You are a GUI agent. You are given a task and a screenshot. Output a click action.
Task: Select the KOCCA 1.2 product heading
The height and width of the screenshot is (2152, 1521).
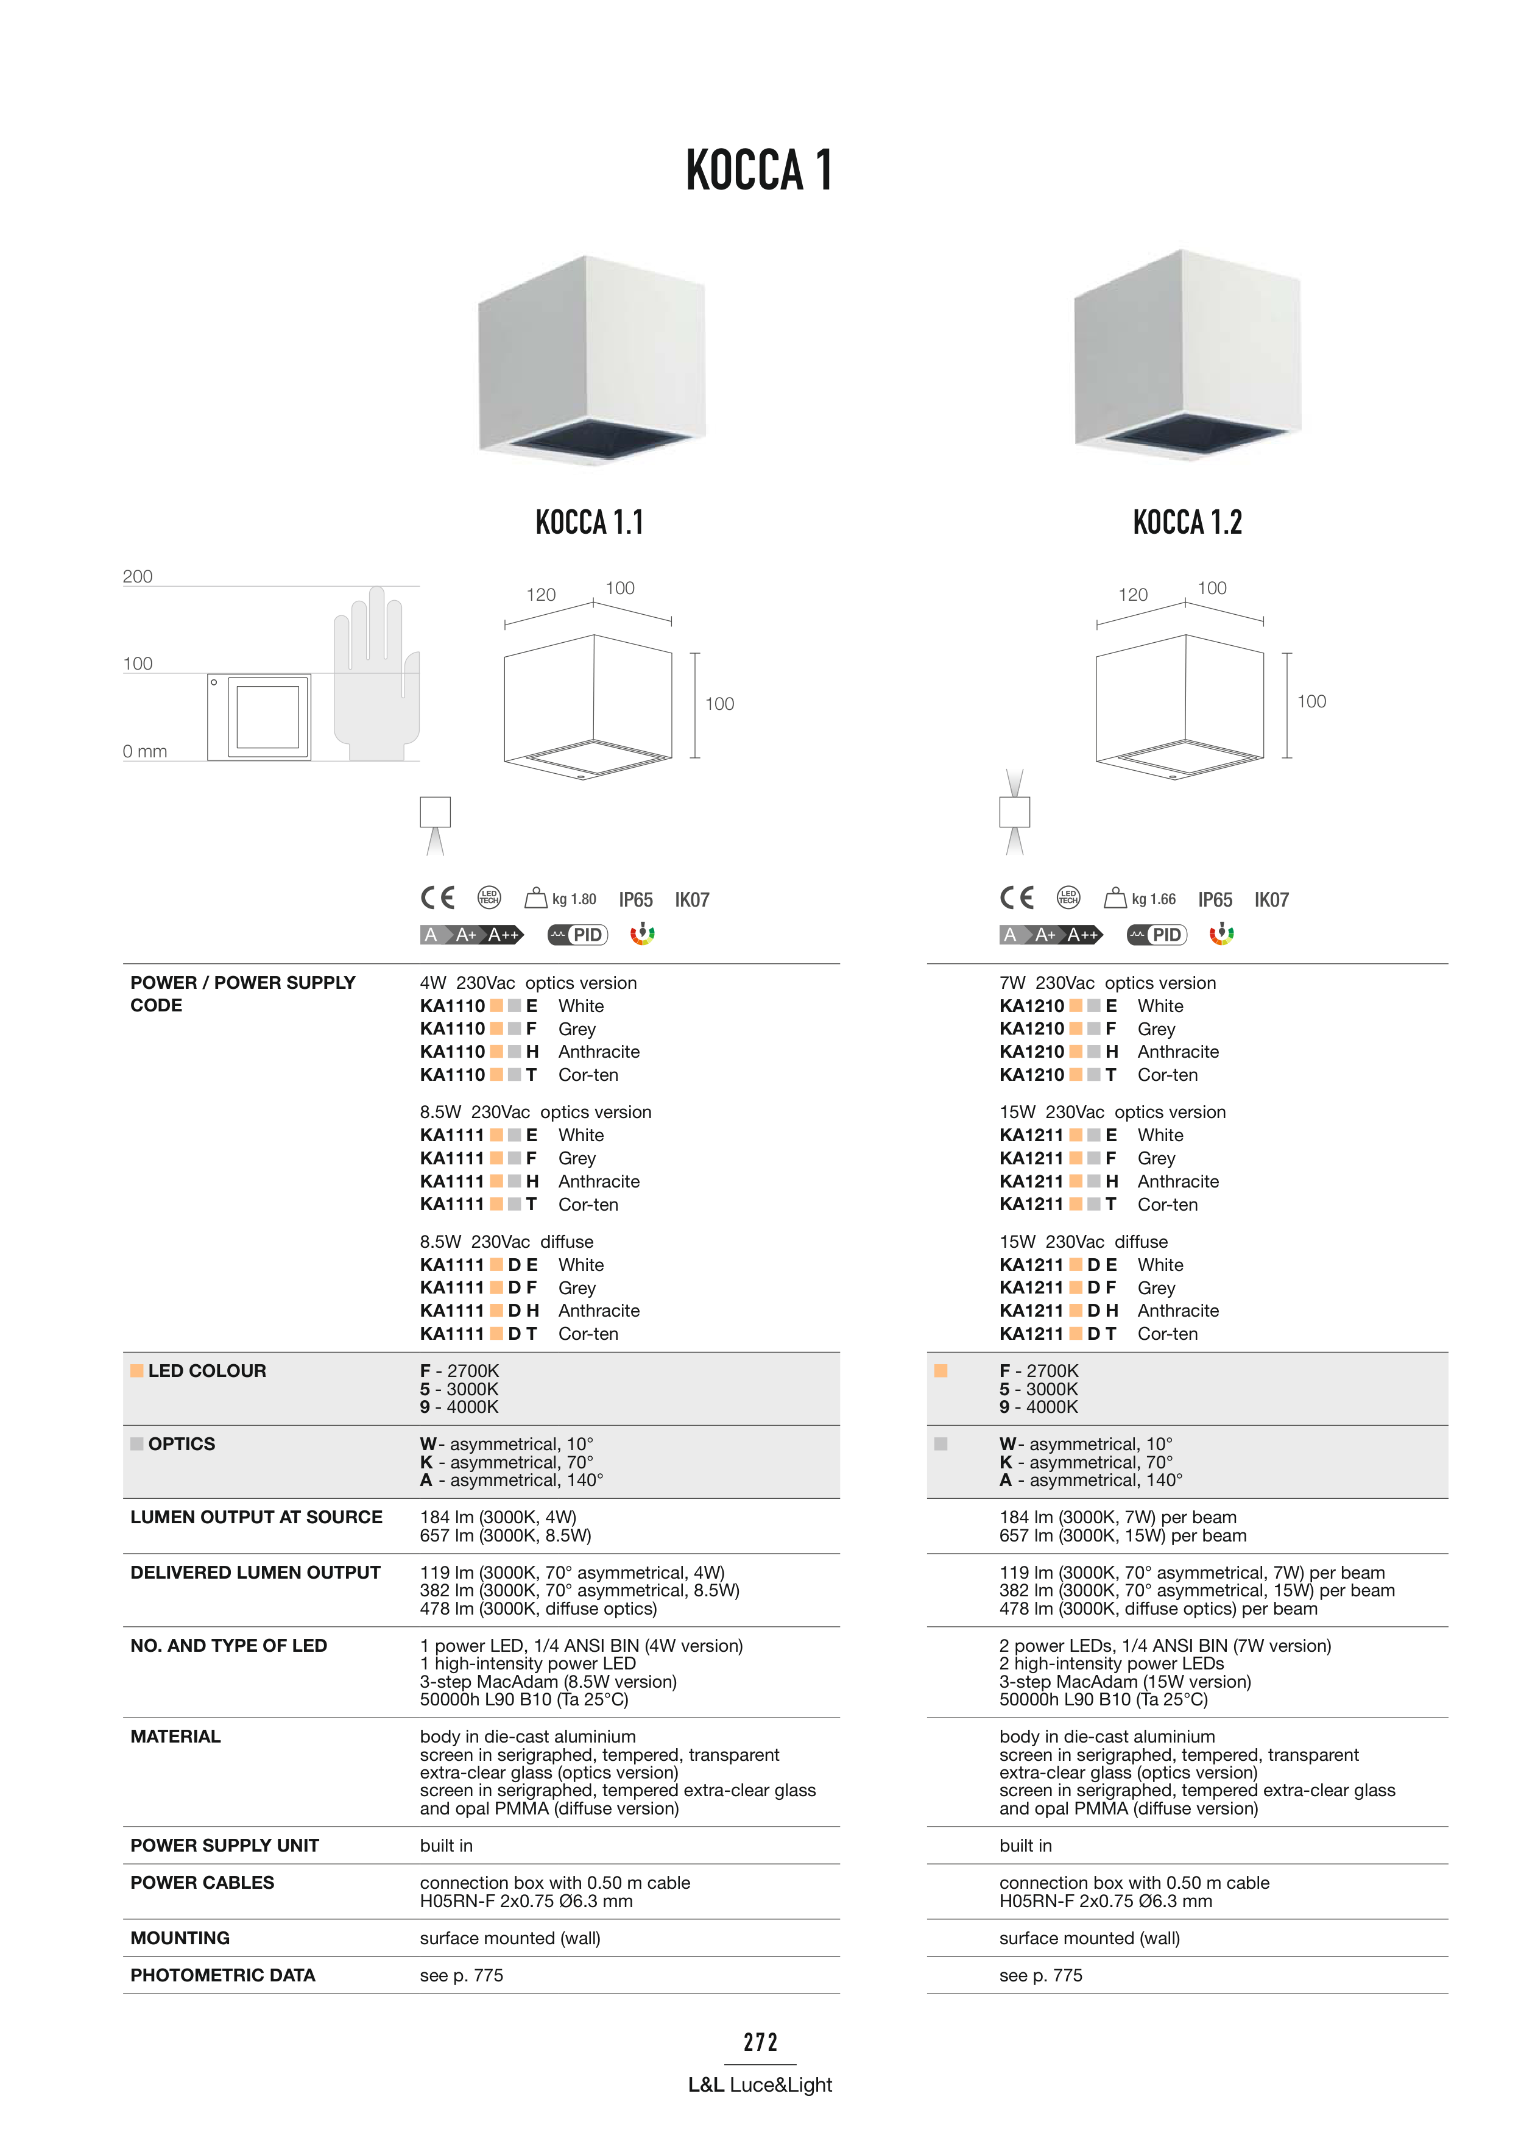[1187, 522]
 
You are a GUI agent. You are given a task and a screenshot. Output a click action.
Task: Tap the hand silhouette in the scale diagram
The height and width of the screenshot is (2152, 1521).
[375, 675]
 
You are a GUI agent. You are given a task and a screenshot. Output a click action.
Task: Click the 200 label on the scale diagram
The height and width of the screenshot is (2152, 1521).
[138, 576]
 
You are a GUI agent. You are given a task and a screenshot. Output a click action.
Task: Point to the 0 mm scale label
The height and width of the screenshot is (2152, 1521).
[144, 752]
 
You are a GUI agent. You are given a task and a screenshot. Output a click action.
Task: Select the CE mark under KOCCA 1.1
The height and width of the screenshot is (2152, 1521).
[437, 898]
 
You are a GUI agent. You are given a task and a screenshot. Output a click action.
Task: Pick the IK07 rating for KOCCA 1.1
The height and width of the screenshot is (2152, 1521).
[691, 900]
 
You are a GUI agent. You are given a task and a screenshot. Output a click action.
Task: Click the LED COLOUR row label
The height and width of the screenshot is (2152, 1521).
[206, 1370]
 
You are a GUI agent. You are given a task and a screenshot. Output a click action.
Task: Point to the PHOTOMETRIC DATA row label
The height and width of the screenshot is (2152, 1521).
[222, 1975]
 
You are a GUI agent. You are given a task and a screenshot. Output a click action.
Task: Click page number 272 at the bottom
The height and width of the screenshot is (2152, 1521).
[760, 2042]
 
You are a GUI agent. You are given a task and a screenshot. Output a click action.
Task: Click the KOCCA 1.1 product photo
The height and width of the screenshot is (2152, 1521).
[591, 361]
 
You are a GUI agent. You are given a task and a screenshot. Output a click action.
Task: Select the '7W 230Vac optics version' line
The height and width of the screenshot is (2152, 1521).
[1107, 982]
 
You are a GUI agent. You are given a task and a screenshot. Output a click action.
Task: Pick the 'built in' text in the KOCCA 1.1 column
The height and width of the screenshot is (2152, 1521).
[446, 1846]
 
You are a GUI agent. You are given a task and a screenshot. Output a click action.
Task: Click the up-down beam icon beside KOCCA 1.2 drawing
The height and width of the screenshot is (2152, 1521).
[1014, 812]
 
